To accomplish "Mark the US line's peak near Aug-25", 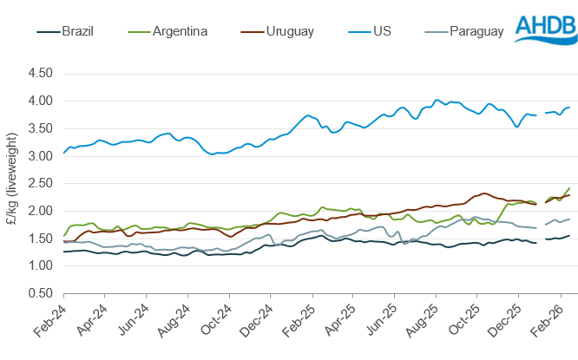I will pyautogui.click(x=436, y=100).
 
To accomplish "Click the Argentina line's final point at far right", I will pyautogui.click(x=569, y=188).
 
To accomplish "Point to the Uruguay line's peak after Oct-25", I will pyautogui.click(x=483, y=193).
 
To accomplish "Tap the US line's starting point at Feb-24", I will pyautogui.click(x=64, y=152).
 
